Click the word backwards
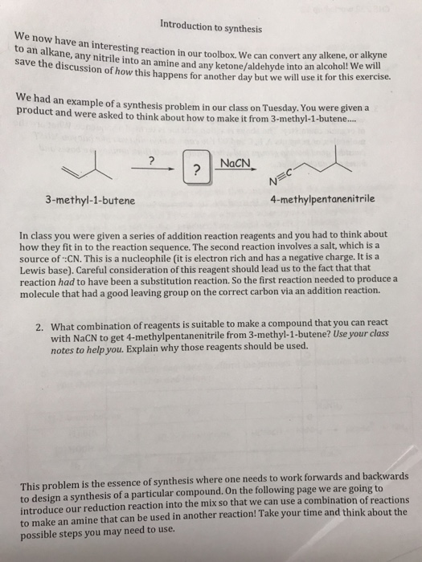383,474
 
